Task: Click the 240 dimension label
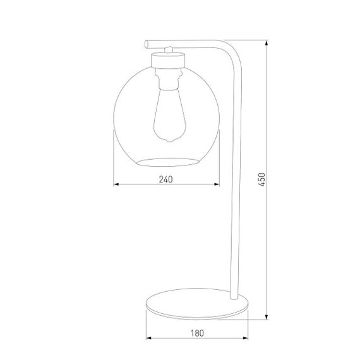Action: (165, 180)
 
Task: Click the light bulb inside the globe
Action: (166, 114)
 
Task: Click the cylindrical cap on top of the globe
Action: (167, 61)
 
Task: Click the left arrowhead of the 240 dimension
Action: (116, 186)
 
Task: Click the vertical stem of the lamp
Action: (236, 189)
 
